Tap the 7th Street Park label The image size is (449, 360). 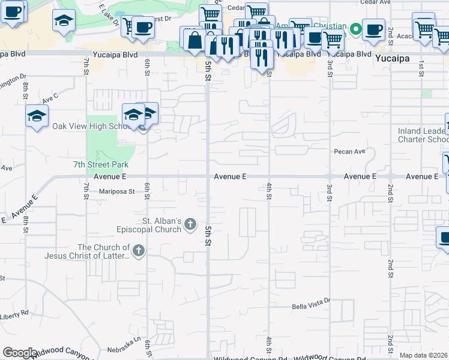pyautogui.click(x=101, y=164)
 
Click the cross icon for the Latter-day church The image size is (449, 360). pyautogui.click(x=138, y=251)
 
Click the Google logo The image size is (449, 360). pyautogui.click(x=19, y=353)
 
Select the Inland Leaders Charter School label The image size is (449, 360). pyautogui.click(x=423, y=135)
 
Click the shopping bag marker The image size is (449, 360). pyautogui.click(x=195, y=41)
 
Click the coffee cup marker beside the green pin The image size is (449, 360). pyautogui.click(x=373, y=29)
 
